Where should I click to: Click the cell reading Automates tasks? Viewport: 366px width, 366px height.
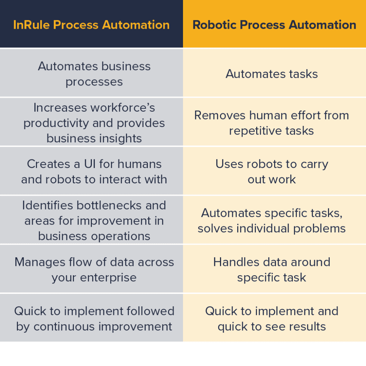(272, 74)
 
